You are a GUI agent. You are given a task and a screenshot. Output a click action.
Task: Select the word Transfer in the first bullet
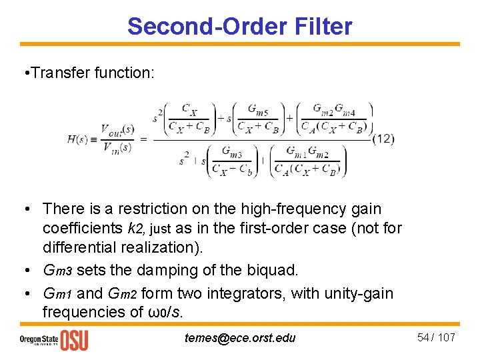(67, 73)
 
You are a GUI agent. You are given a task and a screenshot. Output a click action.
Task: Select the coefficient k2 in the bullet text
(136, 229)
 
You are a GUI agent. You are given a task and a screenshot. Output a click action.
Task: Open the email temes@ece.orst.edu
(240, 337)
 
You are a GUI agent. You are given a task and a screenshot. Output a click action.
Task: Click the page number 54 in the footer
(423, 337)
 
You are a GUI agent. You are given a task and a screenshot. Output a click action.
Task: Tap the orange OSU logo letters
(73, 339)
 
